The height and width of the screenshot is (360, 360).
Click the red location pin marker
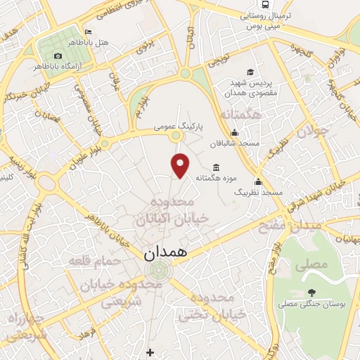(181, 165)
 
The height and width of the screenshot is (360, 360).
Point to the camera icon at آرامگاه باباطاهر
(58, 56)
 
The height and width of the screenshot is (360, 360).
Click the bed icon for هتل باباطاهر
(88, 32)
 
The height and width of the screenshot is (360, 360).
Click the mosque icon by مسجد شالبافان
(234, 133)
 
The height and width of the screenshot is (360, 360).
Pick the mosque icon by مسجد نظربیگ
(258, 181)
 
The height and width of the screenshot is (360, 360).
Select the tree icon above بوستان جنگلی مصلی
(311, 292)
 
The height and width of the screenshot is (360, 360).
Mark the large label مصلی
(314, 264)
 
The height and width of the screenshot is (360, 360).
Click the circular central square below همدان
(159, 269)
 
